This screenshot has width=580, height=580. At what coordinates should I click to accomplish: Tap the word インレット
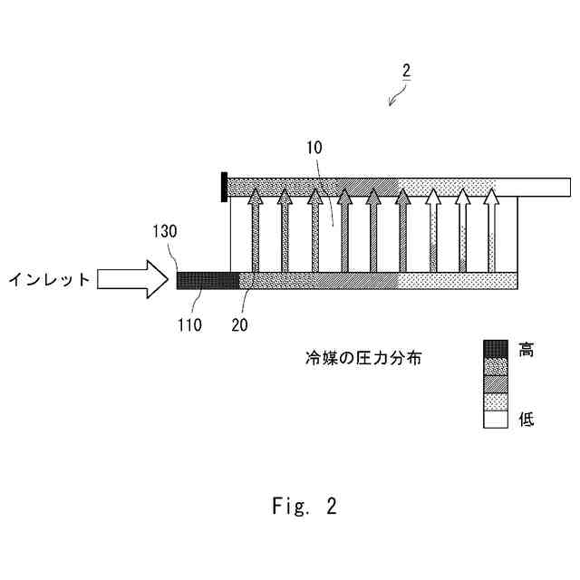coord(50,280)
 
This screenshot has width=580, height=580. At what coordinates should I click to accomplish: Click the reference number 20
coord(240,323)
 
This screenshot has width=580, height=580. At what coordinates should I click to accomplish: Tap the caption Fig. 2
coord(304,507)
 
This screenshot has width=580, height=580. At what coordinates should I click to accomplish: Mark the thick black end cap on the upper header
coord(223,187)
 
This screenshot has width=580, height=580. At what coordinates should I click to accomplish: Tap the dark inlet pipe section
coord(208,280)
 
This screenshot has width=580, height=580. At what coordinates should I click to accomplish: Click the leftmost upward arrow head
coord(256,198)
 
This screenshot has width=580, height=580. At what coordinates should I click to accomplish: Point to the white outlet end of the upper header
coord(544,187)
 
